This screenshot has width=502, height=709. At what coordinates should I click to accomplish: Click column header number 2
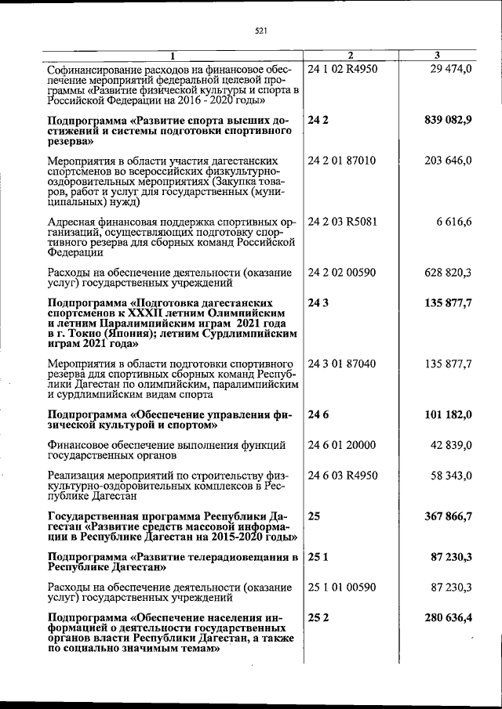pyautogui.click(x=351, y=55)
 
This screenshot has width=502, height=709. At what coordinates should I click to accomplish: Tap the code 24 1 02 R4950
pyautogui.click(x=344, y=69)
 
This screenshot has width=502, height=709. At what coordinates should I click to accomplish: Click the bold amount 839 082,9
pyautogui.click(x=444, y=121)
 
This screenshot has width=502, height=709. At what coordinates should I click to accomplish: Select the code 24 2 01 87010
pyautogui.click(x=343, y=161)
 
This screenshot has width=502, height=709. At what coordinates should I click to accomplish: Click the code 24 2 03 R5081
pyautogui.click(x=344, y=222)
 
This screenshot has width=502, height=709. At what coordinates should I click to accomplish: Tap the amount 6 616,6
pyautogui.click(x=454, y=222)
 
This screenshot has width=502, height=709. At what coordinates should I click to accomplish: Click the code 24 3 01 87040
pyautogui.click(x=343, y=364)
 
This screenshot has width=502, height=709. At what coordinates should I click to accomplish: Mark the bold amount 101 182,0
pyautogui.click(x=444, y=414)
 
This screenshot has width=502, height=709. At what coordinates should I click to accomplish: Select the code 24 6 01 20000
pyautogui.click(x=343, y=445)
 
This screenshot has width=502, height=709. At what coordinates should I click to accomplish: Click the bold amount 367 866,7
pyautogui.click(x=444, y=516)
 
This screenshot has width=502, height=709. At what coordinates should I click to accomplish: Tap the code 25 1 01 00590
pyautogui.click(x=343, y=587)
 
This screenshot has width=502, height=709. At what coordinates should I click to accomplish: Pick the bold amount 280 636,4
pyautogui.click(x=444, y=617)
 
